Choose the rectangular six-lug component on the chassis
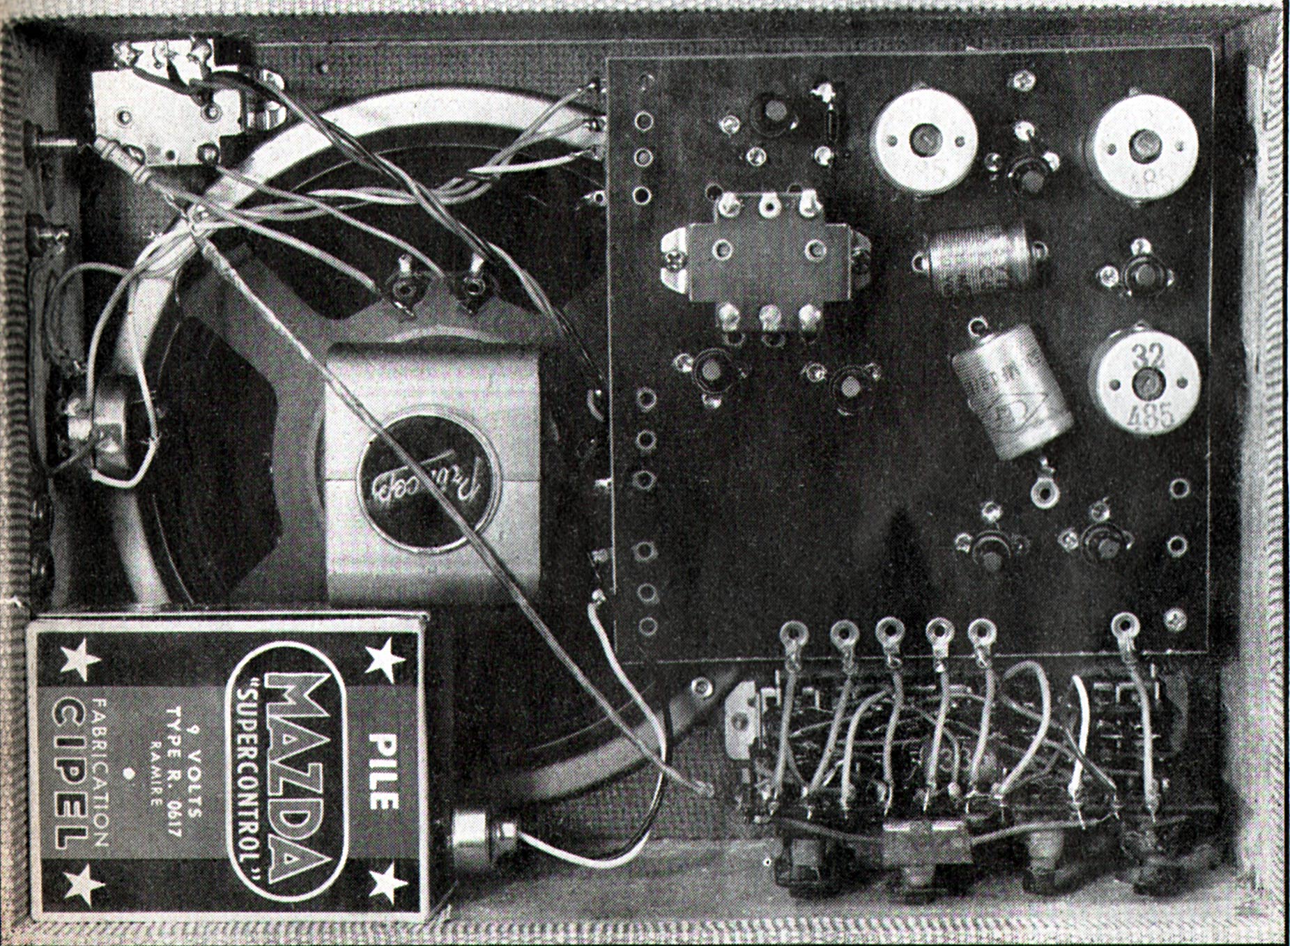766,267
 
